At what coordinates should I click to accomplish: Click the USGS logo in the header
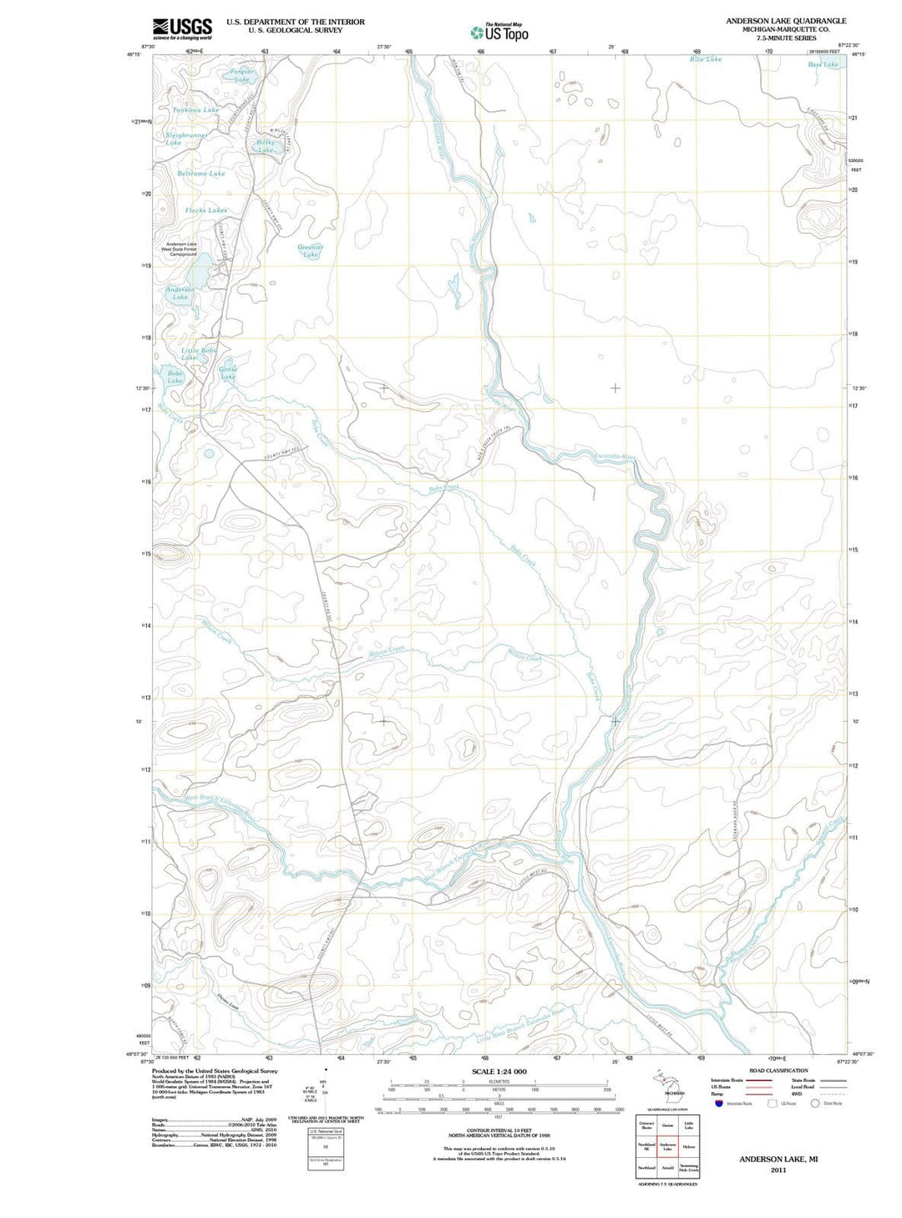coord(182,29)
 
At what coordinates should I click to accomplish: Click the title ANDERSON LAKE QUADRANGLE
coord(785,21)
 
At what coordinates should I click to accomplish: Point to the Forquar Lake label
coord(242,75)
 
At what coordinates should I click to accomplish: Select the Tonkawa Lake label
coord(196,109)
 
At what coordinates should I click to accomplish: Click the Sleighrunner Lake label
coord(185,139)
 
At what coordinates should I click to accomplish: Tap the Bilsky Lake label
coord(266,146)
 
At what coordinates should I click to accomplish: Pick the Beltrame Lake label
coord(201,174)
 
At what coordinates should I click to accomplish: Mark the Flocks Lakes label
coord(205,211)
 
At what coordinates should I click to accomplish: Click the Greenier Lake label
coord(311,251)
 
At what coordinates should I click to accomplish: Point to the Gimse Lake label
coord(228,373)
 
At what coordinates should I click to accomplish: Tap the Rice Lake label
coord(706,59)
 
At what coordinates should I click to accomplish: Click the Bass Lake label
coord(823,64)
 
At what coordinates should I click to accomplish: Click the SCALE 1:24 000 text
coord(499,1071)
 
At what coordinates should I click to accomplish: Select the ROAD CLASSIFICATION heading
coord(778,1070)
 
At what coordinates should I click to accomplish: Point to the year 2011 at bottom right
coord(778,1170)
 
